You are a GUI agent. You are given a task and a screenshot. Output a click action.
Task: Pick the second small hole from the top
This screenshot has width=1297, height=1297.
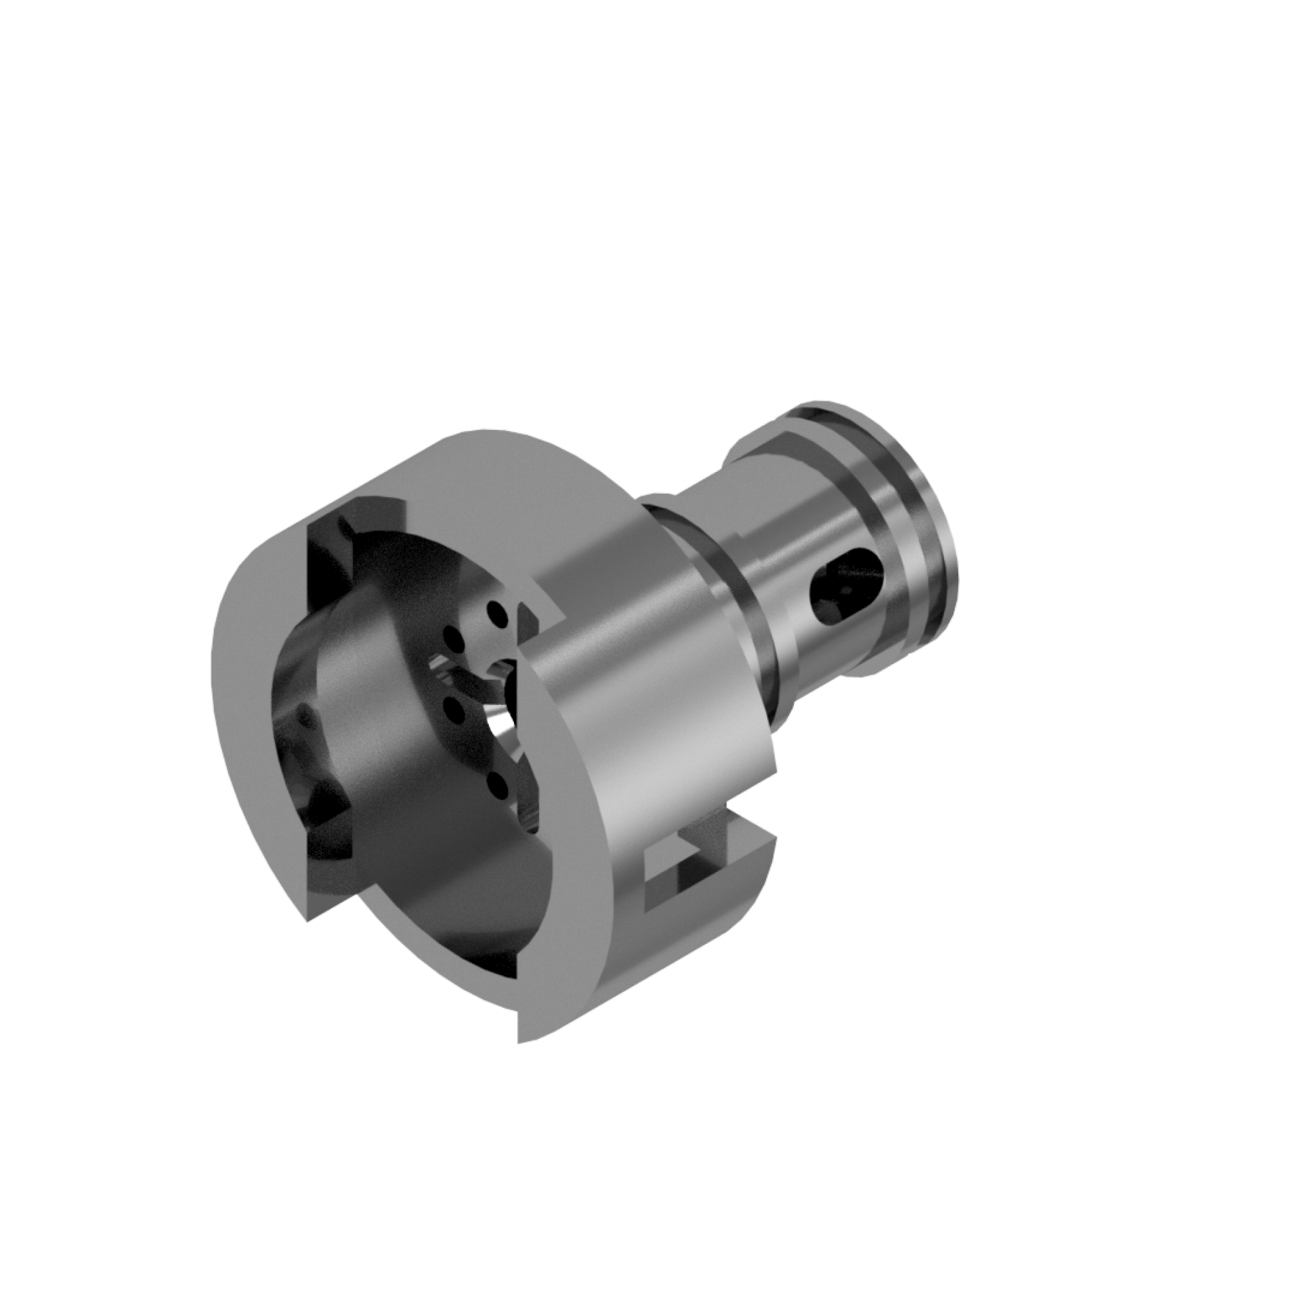coord(450,636)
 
